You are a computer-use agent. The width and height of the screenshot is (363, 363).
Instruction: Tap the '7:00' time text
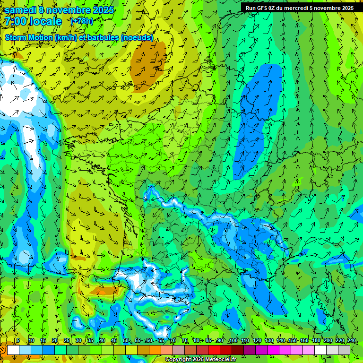coord(16,21)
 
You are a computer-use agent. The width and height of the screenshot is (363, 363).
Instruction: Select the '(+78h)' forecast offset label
coord(82,21)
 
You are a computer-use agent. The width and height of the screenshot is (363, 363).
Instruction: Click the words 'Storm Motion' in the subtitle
coord(29,38)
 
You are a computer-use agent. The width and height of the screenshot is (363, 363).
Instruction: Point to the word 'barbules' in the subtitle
coord(104,38)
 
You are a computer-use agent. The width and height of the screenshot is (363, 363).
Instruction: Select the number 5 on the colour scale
coord(18,341)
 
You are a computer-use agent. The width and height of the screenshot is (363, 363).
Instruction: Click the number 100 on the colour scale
coord(233,341)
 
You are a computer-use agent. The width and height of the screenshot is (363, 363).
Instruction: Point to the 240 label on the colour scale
coord(352,341)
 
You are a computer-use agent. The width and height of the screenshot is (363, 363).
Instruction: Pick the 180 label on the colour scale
coord(316,341)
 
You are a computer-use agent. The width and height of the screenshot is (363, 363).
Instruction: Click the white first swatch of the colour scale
coord(13,350)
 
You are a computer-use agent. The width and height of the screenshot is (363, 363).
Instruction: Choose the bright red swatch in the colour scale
coord(214,350)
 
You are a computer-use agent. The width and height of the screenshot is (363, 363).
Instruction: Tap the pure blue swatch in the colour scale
coord(49,350)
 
